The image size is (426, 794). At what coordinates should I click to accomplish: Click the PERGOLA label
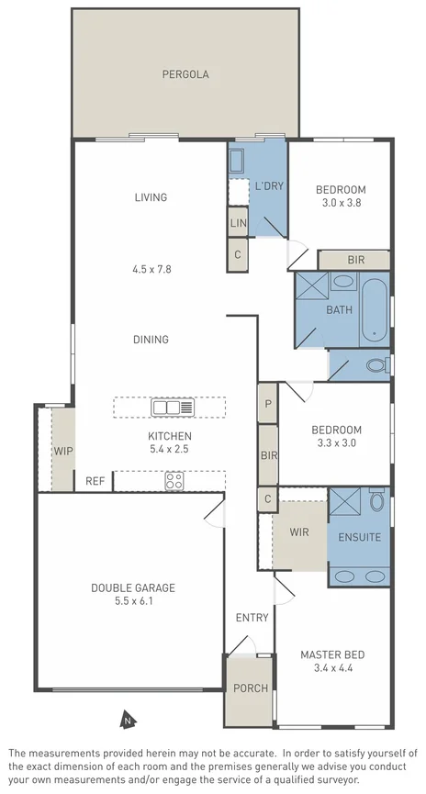pyautogui.click(x=185, y=74)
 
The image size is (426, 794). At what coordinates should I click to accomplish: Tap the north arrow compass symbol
pyautogui.click(x=128, y=719)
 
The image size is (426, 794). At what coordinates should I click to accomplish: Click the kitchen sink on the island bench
pyautogui.click(x=173, y=408)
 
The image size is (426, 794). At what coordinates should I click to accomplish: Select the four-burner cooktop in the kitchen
pyautogui.click(x=174, y=481)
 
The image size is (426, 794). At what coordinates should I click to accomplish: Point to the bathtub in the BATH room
pyautogui.click(x=374, y=309)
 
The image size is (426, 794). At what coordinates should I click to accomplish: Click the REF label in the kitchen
pyautogui.click(x=95, y=481)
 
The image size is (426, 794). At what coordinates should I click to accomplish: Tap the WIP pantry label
pyautogui.click(x=63, y=451)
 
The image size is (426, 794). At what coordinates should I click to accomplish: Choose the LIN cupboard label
pyautogui.click(x=238, y=222)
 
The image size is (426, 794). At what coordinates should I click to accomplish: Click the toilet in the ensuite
pyautogui.click(x=376, y=499)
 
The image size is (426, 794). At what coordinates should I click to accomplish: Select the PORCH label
pyautogui.click(x=251, y=688)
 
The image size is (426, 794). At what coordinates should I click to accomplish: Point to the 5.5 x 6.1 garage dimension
pyautogui.click(x=133, y=601)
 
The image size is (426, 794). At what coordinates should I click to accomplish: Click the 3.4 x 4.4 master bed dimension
pyautogui.click(x=332, y=668)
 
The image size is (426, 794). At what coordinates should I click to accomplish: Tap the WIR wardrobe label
pyautogui.click(x=299, y=532)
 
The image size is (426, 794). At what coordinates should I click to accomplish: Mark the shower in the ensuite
pyautogui.click(x=344, y=501)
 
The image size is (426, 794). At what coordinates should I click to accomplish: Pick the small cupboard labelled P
pyautogui.click(x=268, y=404)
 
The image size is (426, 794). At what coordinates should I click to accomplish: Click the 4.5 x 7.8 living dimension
pyautogui.click(x=152, y=269)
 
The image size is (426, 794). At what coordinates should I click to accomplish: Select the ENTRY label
pyautogui.click(x=252, y=618)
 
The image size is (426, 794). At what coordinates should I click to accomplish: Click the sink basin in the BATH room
pyautogui.click(x=344, y=281)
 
